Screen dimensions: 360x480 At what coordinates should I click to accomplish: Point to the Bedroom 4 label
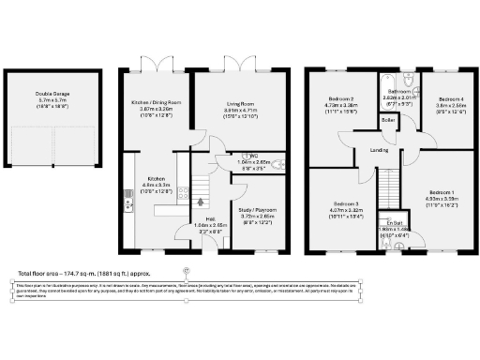tap(451, 98)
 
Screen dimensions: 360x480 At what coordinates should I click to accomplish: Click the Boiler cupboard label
tap(387, 121)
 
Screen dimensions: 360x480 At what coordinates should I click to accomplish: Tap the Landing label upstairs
tap(380, 149)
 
